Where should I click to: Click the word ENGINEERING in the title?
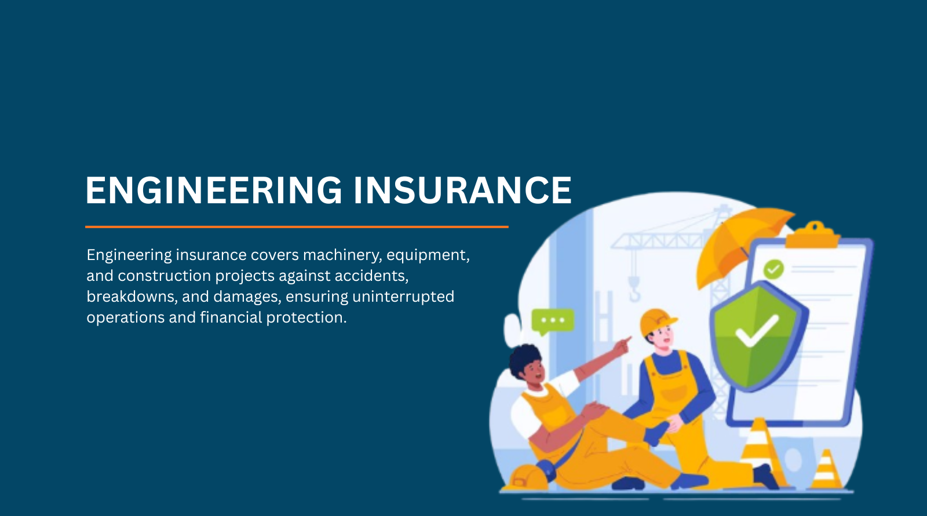[214, 190]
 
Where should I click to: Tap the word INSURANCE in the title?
[463, 190]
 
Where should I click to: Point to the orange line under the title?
[297, 227]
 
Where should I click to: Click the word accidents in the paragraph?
[371, 276]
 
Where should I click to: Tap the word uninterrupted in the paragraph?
[403, 297]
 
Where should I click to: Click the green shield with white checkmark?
[757, 336]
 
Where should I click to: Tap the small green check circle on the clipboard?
[773, 269]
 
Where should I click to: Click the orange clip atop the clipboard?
[813, 235]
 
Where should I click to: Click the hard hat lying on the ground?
[527, 478]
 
